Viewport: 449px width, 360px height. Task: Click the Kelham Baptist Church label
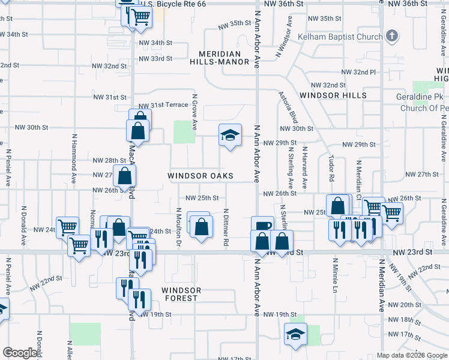click(344, 37)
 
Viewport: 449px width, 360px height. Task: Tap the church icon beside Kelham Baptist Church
click(393, 36)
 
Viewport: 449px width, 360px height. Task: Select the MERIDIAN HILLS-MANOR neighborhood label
click(219, 58)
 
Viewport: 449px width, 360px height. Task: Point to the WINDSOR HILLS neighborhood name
click(333, 95)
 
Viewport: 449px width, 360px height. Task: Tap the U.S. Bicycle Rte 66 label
click(172, 4)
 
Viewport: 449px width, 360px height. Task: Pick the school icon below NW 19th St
click(295, 335)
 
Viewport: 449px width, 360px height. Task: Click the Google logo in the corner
click(20, 353)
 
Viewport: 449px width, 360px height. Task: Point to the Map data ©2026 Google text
click(411, 355)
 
